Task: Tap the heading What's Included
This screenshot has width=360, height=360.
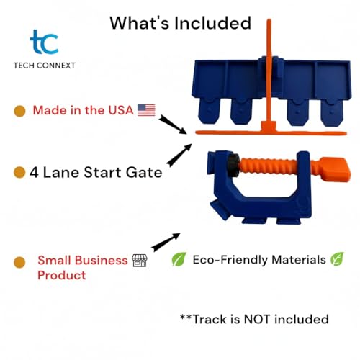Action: (180, 22)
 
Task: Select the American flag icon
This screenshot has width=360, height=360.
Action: (146, 110)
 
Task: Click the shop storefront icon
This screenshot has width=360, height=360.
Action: (141, 261)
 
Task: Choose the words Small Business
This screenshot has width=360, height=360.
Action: (82, 261)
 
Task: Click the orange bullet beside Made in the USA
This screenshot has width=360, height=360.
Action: (20, 111)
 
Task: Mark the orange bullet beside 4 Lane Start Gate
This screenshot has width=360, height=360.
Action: (20, 173)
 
